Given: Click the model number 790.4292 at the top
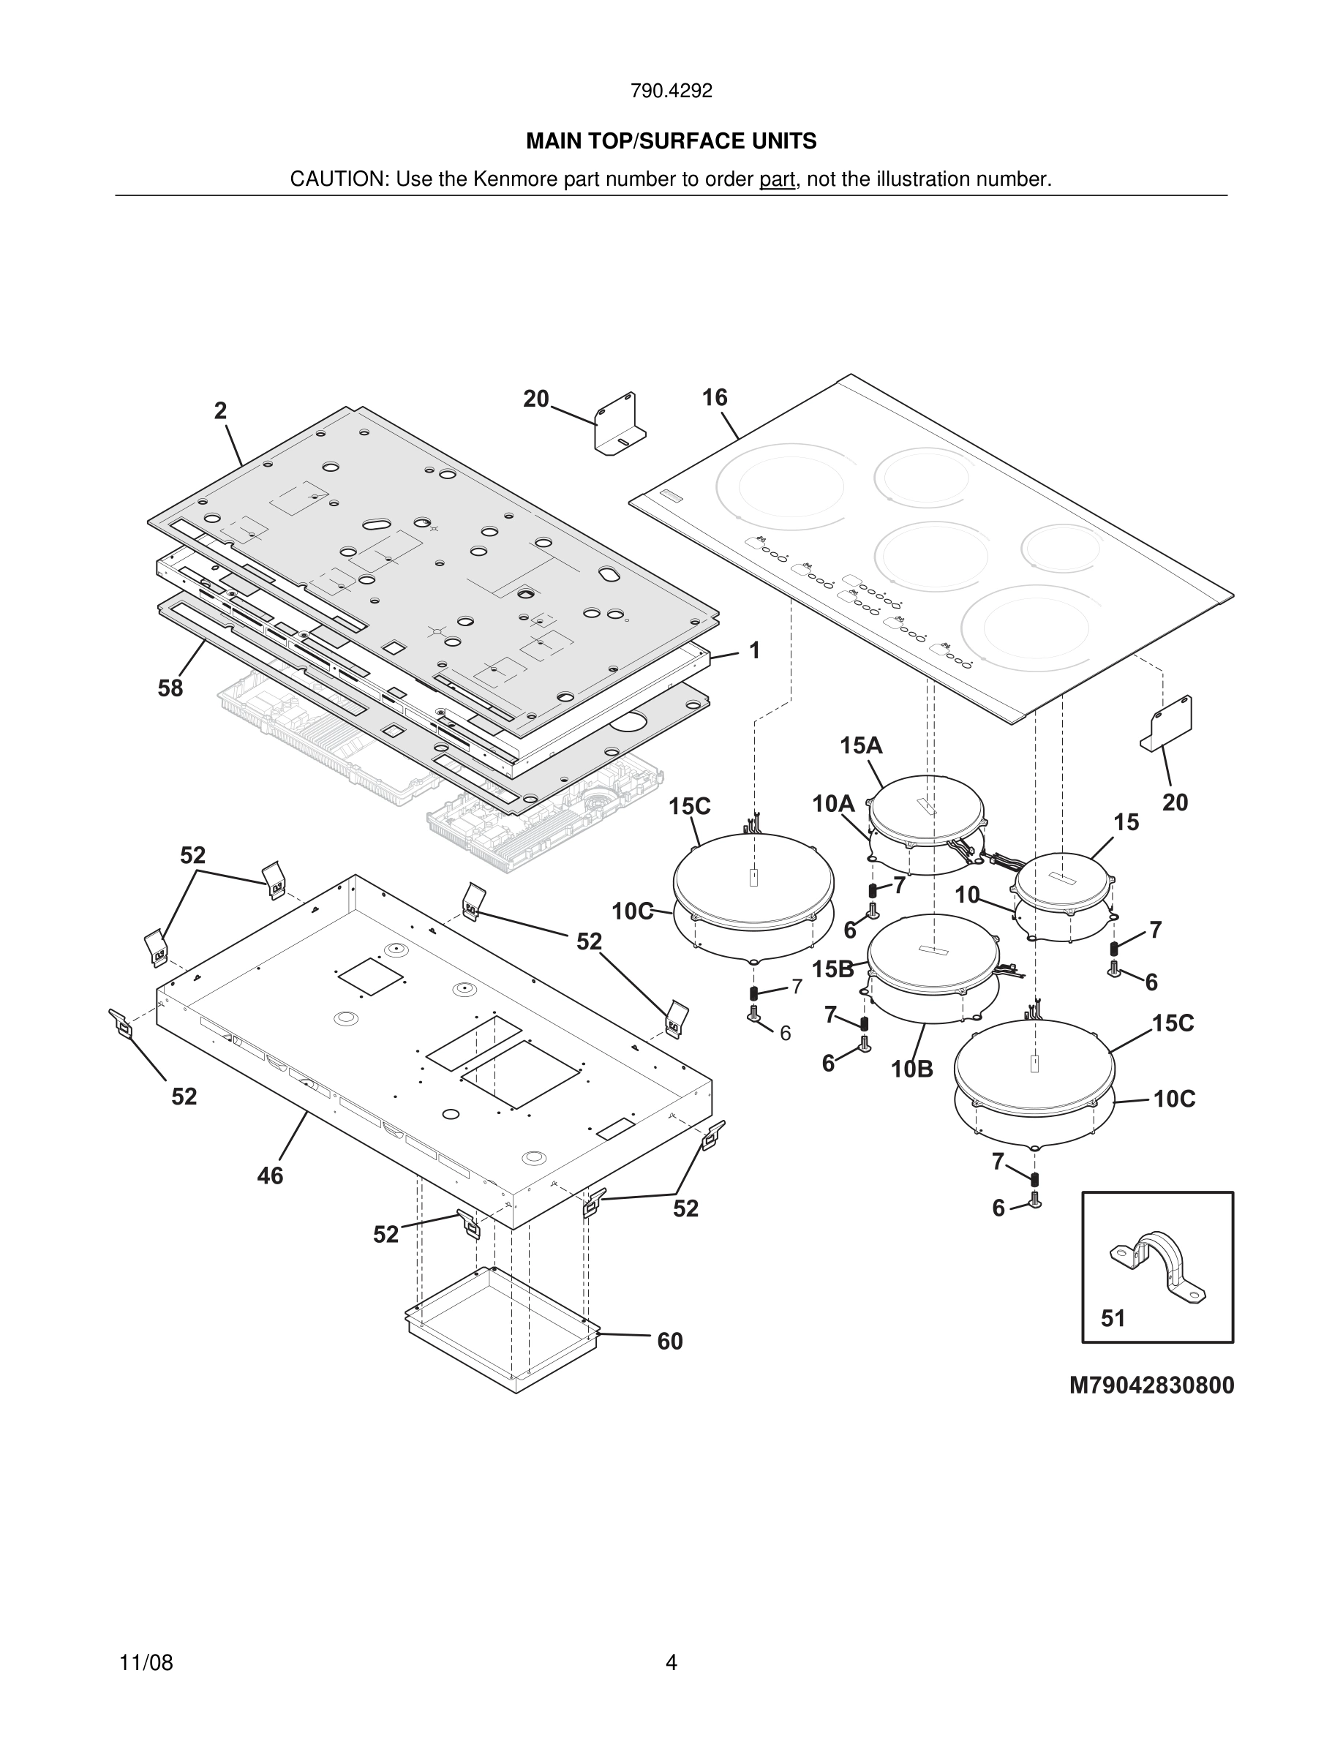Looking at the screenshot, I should (x=671, y=91).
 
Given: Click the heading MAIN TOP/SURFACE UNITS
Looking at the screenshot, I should (x=671, y=142).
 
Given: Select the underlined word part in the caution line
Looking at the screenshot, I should (x=777, y=180).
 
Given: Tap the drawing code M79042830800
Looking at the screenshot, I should (x=1151, y=1385).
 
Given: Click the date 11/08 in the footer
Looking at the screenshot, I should (x=146, y=1663).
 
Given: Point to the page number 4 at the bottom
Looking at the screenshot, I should (x=671, y=1663).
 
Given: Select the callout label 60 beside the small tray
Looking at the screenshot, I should (x=669, y=1342).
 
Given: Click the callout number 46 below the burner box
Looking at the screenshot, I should (x=270, y=1175).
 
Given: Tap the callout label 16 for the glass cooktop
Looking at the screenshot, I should (x=714, y=398).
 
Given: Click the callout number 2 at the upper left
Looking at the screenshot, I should (x=220, y=410).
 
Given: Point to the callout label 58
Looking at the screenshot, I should (x=170, y=688).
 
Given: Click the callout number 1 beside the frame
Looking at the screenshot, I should (x=754, y=651).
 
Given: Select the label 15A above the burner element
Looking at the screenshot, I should (x=861, y=745).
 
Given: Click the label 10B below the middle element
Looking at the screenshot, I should (x=911, y=1069).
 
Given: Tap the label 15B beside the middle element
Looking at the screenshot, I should (x=832, y=968).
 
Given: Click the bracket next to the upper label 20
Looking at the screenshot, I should (x=619, y=424).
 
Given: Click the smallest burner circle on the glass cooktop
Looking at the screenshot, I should (x=1061, y=547).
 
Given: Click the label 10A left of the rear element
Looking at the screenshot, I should (x=833, y=804).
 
